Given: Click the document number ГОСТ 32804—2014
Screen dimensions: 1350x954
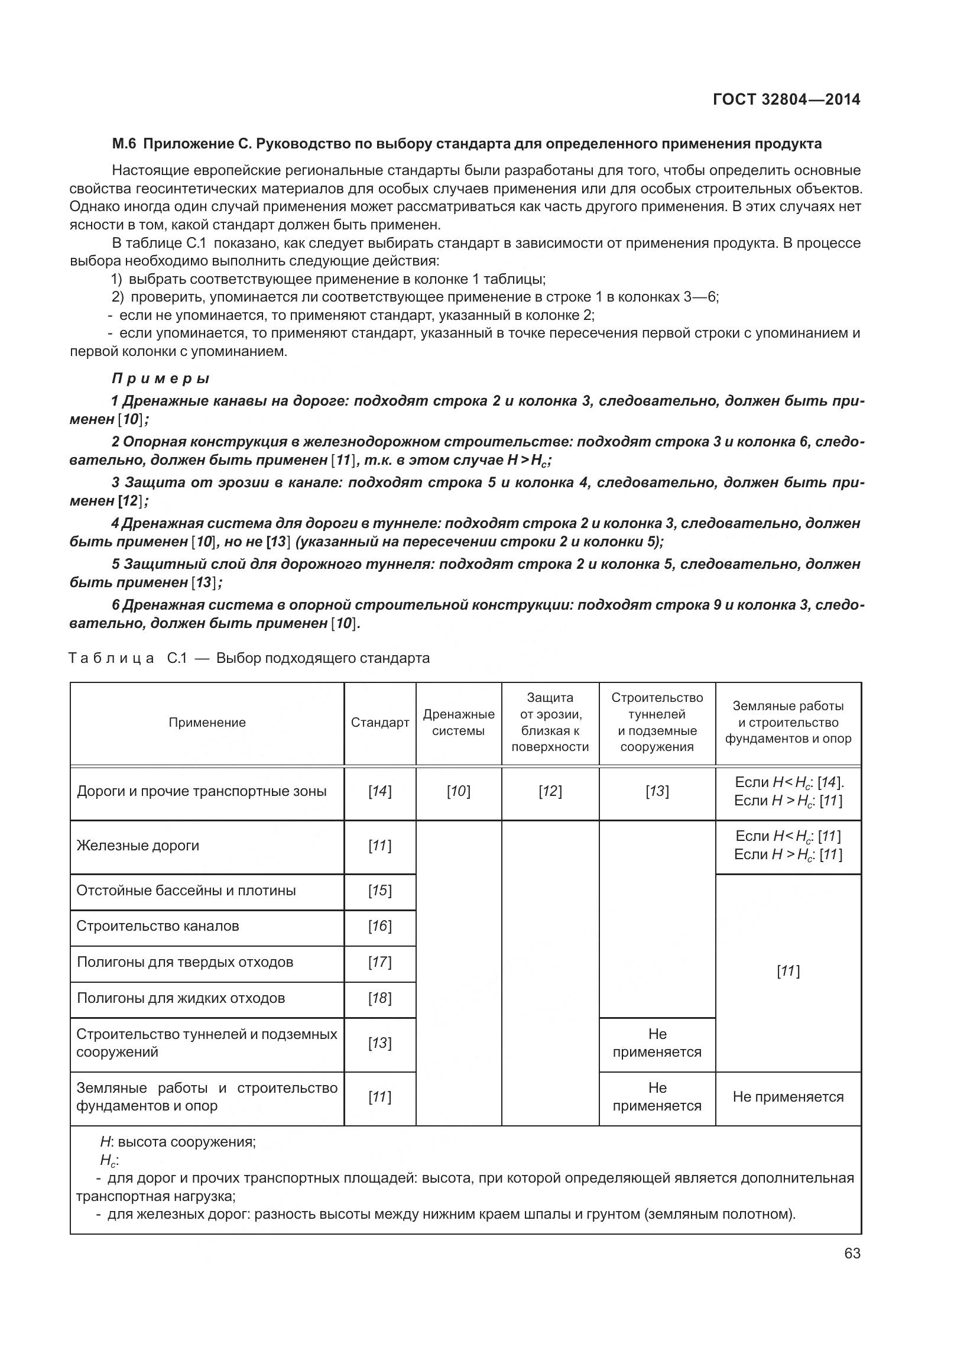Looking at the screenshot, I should pos(786,99).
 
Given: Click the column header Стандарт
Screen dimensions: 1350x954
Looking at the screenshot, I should pos(379,723).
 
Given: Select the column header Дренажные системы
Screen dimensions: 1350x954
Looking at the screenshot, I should pos(458,723).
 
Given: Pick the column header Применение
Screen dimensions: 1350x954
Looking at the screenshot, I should pos(207,723).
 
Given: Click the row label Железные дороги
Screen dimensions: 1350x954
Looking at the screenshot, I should pos(138,845).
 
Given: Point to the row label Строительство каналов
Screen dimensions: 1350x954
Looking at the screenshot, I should pos(158,925).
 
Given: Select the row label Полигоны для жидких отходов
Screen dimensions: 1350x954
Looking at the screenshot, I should pos(181,998).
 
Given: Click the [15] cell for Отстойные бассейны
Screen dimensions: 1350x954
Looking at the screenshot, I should pos(379,891).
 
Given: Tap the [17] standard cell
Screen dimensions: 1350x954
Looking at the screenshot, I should pos(379,961).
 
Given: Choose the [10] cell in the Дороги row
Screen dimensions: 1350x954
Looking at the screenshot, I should pos(458,791).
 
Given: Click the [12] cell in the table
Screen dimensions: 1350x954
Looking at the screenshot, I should pos(550,791).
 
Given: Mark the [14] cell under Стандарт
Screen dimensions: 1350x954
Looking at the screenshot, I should pos(379,791).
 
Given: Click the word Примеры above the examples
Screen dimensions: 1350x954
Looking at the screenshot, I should pos(161,378).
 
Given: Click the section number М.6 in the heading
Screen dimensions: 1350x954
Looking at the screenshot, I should pos(124,144).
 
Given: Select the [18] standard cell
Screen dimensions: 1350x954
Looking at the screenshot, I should pos(379,998).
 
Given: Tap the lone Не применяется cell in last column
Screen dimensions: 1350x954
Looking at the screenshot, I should pos(787,1097).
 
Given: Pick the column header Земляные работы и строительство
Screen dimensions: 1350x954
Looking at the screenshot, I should pos(787,723).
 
